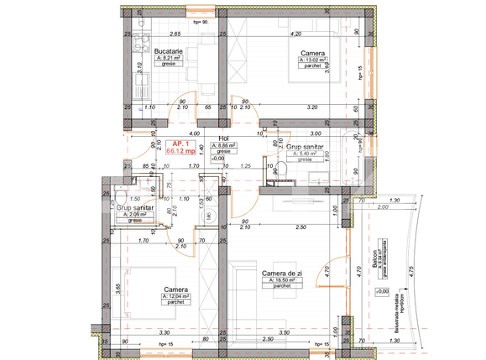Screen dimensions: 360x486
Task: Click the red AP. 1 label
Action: click(180, 143)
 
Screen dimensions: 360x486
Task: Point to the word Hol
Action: click(223, 138)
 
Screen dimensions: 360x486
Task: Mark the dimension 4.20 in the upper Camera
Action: click(295, 35)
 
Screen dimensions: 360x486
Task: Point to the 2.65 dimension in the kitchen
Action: click(175, 35)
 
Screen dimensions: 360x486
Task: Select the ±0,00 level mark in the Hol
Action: click(219, 159)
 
